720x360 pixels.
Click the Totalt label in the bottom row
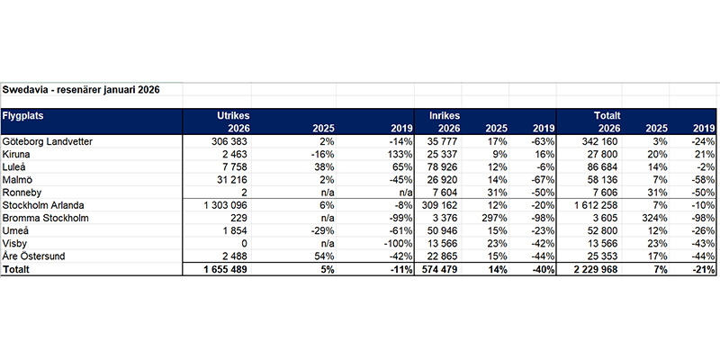pos(18,269)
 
